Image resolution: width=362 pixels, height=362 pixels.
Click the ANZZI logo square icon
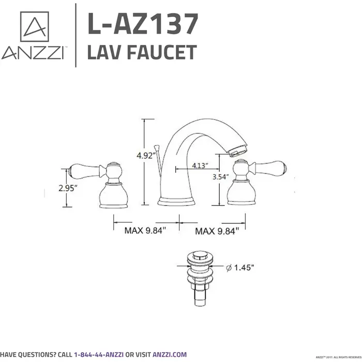coord(34,27)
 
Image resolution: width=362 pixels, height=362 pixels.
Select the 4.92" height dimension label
coord(146,156)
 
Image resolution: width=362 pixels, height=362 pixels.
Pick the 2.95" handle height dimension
coord(68,188)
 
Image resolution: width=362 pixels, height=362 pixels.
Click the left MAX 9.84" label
coord(146,231)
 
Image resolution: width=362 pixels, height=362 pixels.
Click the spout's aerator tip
coord(237,151)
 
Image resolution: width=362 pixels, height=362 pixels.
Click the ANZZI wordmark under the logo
coord(33,53)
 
